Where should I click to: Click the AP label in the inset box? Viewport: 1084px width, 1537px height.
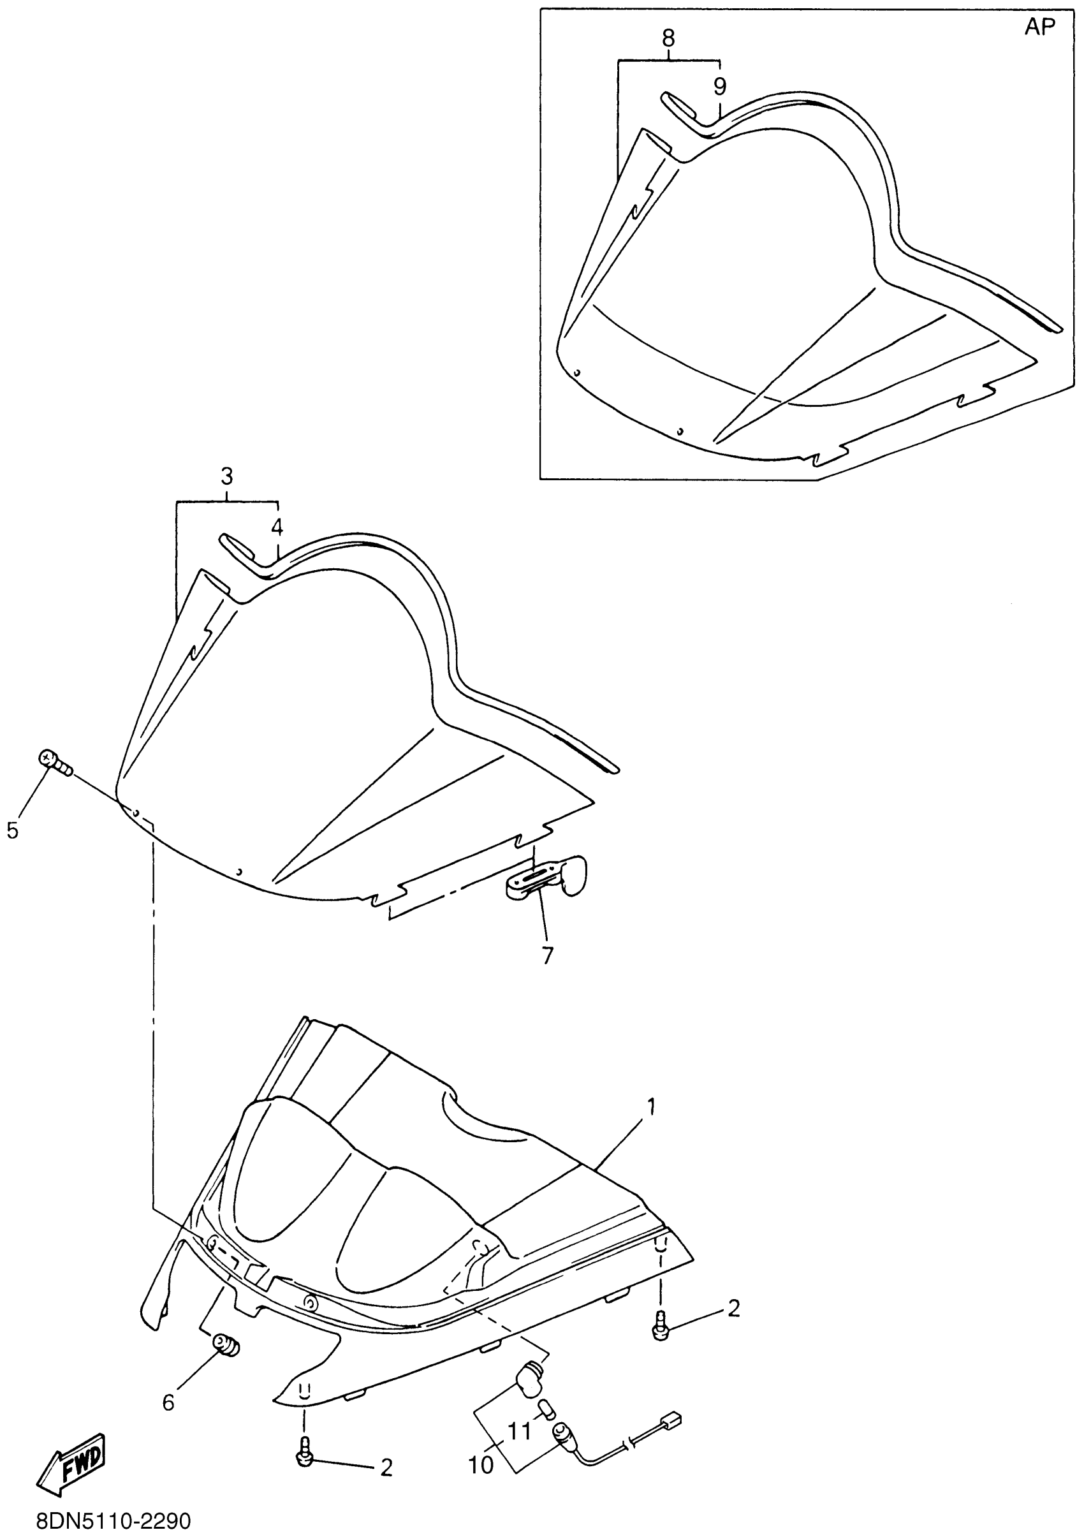[x=1039, y=27]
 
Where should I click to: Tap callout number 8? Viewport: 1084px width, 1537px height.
[x=668, y=39]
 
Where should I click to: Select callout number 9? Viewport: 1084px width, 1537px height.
[x=719, y=85]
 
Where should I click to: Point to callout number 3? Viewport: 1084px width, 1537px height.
[x=227, y=477]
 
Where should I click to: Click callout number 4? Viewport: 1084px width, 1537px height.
[x=277, y=527]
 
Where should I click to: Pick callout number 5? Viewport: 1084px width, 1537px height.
[x=13, y=831]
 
